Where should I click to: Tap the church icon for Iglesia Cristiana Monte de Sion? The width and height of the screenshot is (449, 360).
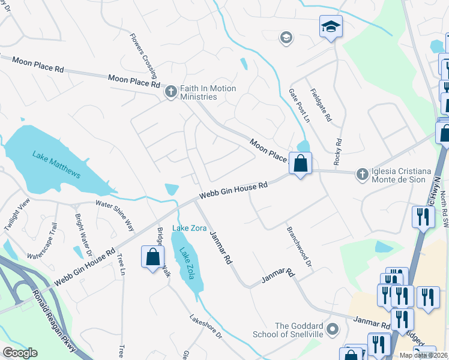pyautogui.click(x=361, y=173)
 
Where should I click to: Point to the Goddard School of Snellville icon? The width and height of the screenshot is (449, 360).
pyautogui.click(x=334, y=330)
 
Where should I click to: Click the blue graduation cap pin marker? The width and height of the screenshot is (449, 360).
pyautogui.click(x=330, y=27)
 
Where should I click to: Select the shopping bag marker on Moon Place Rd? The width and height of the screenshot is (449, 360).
pyautogui.click(x=300, y=163)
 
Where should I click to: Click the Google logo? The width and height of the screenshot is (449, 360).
pyautogui.click(x=20, y=353)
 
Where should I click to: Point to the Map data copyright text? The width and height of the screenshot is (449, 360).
pyautogui.click(x=423, y=355)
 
